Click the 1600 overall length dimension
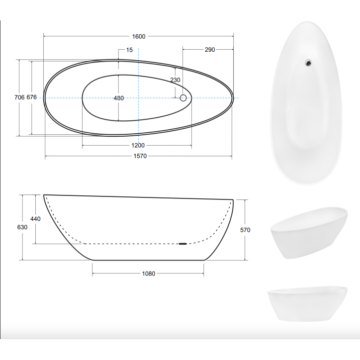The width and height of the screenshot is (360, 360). pos(139,36)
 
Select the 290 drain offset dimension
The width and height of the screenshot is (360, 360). pos(209,50)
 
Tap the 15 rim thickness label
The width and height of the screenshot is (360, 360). pos(129,50)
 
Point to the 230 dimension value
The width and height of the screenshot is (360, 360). pos(175,80)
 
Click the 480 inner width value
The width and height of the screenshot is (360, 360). pos(118,98)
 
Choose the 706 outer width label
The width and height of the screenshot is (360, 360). pos(19,97)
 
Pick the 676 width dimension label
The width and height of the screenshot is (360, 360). pos(31,97)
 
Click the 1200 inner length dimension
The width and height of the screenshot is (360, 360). pos(138,145)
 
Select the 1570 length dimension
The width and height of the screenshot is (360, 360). pos(139,157)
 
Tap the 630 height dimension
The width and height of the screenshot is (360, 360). pos(22,227)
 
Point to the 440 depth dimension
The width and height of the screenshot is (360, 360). pos(35,219)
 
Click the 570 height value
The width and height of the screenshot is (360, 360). pos(245,230)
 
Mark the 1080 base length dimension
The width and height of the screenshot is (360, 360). pos(149,273)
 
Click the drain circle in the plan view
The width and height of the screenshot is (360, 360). pos(183,98)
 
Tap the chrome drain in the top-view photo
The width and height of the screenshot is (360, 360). pos(309,62)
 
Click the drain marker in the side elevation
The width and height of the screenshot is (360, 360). pos(182,244)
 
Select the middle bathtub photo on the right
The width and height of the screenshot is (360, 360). pos(308,233)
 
